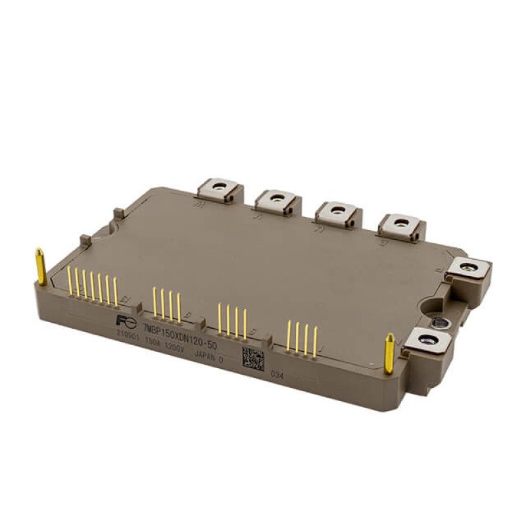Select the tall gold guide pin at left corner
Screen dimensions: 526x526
(x=41, y=266)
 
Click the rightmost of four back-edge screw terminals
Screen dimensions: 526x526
(x=400, y=225)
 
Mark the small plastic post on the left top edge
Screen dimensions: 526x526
(x=116, y=214)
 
